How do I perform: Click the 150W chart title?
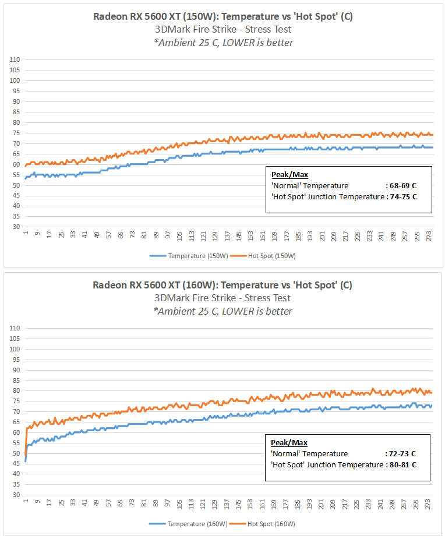click(223, 16)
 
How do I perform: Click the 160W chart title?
click(223, 285)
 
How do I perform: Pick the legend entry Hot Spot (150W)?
click(271, 256)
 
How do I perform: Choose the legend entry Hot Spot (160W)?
click(271, 524)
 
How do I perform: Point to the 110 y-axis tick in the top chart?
click(15, 59)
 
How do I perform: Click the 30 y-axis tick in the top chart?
click(17, 227)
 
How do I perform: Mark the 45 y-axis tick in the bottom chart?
click(17, 464)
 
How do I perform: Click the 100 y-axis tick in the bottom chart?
click(15, 349)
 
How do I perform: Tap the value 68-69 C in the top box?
click(402, 186)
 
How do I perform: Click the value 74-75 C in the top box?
click(402, 197)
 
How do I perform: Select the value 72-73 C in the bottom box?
click(402, 454)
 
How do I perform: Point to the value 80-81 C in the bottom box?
click(402, 465)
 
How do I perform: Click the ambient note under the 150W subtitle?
click(223, 43)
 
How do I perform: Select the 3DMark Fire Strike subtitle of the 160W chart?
click(223, 298)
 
